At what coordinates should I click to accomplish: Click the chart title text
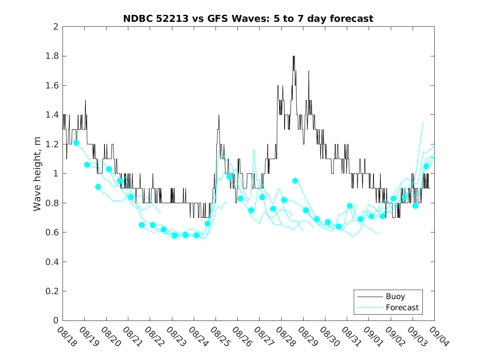(248, 19)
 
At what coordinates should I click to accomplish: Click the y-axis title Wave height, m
(37, 174)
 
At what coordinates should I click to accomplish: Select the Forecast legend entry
(402, 308)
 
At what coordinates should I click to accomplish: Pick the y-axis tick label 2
(55, 27)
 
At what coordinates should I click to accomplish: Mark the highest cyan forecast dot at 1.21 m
(76, 143)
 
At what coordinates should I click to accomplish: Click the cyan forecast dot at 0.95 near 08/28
(295, 181)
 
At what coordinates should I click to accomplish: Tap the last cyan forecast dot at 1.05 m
(426, 166)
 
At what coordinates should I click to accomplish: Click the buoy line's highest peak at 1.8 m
(294, 56)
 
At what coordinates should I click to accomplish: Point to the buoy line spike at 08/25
(219, 115)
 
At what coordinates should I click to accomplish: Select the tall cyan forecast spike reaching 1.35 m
(423, 122)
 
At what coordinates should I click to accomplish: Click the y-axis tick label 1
(55, 174)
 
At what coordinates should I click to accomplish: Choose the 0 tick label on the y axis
(55, 321)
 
